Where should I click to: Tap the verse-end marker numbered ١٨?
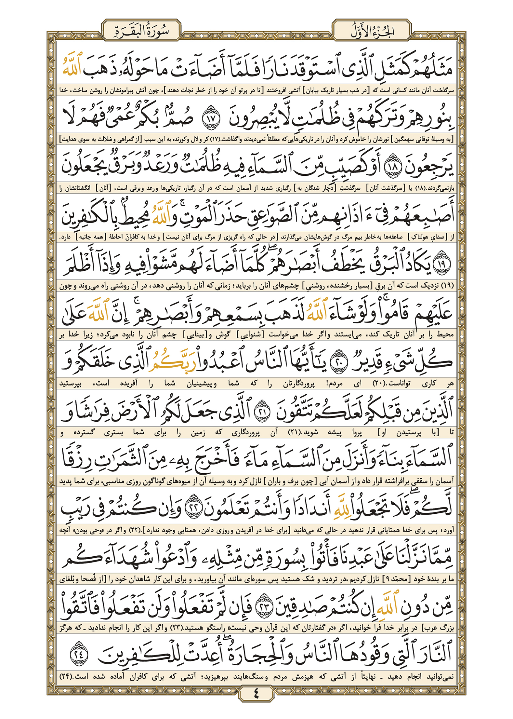click(392, 166)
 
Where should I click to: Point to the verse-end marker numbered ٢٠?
click(339, 361)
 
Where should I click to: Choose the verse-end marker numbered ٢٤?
click(79, 654)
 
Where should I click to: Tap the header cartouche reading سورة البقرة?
click(141, 30)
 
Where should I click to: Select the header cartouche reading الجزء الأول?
click(372, 30)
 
